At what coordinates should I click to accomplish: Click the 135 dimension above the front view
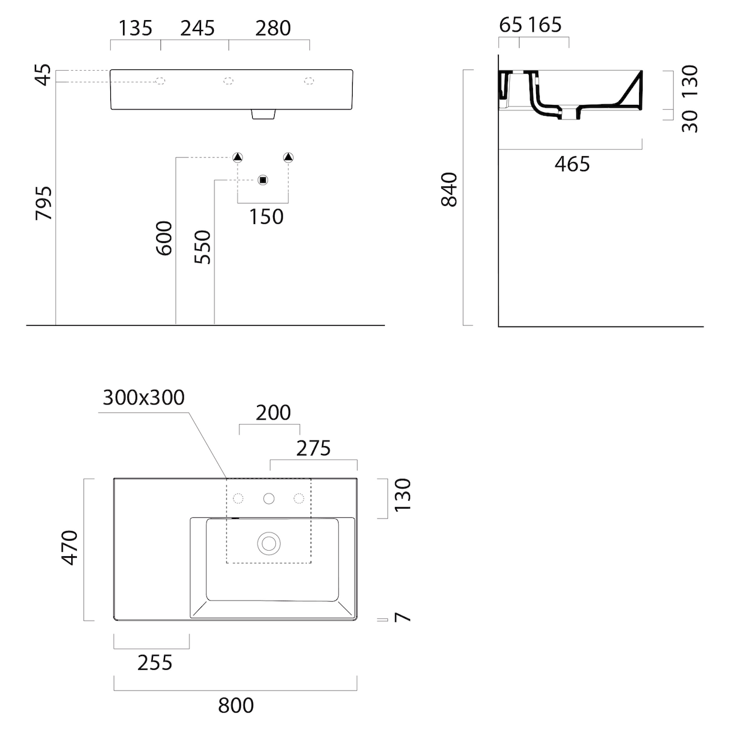135,29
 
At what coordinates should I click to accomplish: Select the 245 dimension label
197,29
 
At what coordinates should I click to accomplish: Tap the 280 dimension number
273,29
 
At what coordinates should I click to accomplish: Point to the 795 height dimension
44,203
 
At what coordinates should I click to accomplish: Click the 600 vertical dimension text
164,238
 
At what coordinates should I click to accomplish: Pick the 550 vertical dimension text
202,247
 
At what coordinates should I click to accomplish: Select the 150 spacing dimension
266,217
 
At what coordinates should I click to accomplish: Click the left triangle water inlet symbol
238,157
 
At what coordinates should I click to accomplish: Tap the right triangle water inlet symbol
288,157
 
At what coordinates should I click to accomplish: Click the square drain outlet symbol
263,180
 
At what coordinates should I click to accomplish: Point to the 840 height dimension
449,189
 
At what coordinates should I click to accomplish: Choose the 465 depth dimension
572,164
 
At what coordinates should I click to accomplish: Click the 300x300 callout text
143,398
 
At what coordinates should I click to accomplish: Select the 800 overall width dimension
236,705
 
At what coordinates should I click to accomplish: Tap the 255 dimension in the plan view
155,663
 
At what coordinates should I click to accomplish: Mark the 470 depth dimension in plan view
70,548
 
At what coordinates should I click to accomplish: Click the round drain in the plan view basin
269,543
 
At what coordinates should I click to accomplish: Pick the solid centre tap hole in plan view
269,498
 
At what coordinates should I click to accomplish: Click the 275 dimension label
313,448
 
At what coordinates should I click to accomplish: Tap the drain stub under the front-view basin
263,114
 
